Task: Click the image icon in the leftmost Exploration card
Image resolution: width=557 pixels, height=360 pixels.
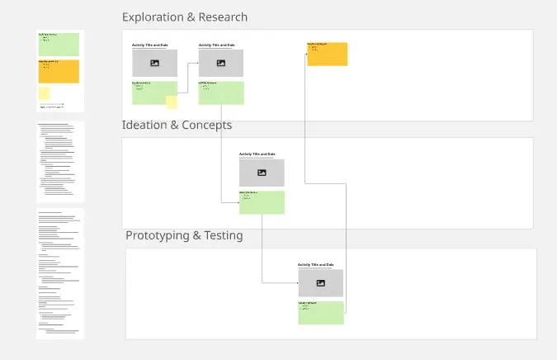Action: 154,63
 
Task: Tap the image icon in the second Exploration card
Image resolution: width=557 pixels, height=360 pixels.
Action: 221,63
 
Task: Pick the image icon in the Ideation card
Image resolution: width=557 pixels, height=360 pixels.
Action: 262,173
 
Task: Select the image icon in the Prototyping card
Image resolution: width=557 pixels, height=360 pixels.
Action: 320,283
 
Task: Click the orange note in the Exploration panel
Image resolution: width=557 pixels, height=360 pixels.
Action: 327,54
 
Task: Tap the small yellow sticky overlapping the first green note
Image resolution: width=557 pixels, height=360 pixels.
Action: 172,102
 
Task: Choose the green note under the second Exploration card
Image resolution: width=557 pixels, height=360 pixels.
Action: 221,92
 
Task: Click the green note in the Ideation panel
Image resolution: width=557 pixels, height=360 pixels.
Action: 262,202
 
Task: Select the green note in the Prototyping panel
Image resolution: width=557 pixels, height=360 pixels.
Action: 320,312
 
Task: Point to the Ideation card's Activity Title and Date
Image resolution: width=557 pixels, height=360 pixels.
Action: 257,154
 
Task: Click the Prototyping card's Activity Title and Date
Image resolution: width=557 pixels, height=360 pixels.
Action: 316,264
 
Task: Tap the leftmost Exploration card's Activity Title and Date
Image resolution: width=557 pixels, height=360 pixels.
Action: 149,45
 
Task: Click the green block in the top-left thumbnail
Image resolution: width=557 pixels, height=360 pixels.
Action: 59,44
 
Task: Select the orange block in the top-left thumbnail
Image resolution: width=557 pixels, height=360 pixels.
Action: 59,71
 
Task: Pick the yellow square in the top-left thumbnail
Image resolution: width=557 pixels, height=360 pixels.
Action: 45,93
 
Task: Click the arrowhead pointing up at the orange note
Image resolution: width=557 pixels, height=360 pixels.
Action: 307,45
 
